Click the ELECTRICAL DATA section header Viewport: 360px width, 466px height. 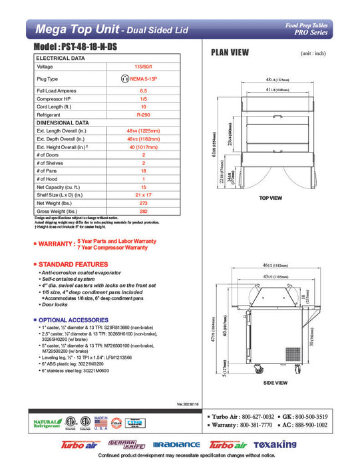coord(60,58)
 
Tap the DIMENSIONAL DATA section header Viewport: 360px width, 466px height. coord(63,122)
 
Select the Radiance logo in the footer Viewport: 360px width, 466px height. coord(176,445)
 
